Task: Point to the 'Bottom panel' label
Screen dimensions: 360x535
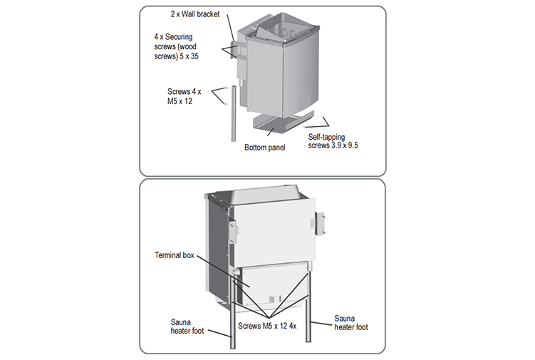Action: click(x=264, y=148)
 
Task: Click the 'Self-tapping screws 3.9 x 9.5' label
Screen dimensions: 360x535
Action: click(x=333, y=140)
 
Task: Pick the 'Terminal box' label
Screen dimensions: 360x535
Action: click(x=178, y=254)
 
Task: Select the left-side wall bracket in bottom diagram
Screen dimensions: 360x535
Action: click(x=234, y=227)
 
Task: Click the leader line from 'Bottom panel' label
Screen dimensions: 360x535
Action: click(x=267, y=133)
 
